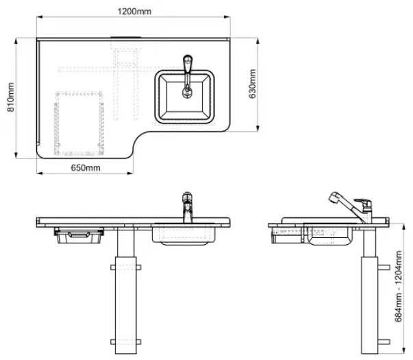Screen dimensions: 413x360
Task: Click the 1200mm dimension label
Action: coord(134,12)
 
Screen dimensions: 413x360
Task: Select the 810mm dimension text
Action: coord(10,97)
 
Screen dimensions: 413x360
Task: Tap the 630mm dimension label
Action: coord(252,84)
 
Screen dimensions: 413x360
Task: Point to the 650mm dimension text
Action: coord(86,168)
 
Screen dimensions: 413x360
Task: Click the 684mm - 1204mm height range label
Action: coord(398,287)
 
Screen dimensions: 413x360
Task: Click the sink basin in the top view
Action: coord(185,97)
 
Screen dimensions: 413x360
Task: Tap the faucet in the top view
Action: coord(187,77)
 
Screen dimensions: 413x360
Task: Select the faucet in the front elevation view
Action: coord(187,207)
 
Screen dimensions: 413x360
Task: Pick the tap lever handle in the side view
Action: coord(363,202)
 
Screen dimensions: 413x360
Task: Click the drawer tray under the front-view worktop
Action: coord(79,235)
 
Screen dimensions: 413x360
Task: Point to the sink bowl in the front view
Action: coord(184,235)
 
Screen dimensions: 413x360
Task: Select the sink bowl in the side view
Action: coord(329,235)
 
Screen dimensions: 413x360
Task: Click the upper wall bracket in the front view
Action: coord(126,267)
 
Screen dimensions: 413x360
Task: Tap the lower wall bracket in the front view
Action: coord(126,342)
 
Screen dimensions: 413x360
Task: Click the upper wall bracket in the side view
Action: coord(384,267)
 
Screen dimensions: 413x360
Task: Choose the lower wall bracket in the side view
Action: coord(384,342)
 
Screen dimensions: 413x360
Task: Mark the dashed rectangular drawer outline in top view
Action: coord(79,123)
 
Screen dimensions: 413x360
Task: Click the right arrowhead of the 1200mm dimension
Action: coord(227,17)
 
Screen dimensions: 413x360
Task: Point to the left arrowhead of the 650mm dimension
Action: coord(40,173)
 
